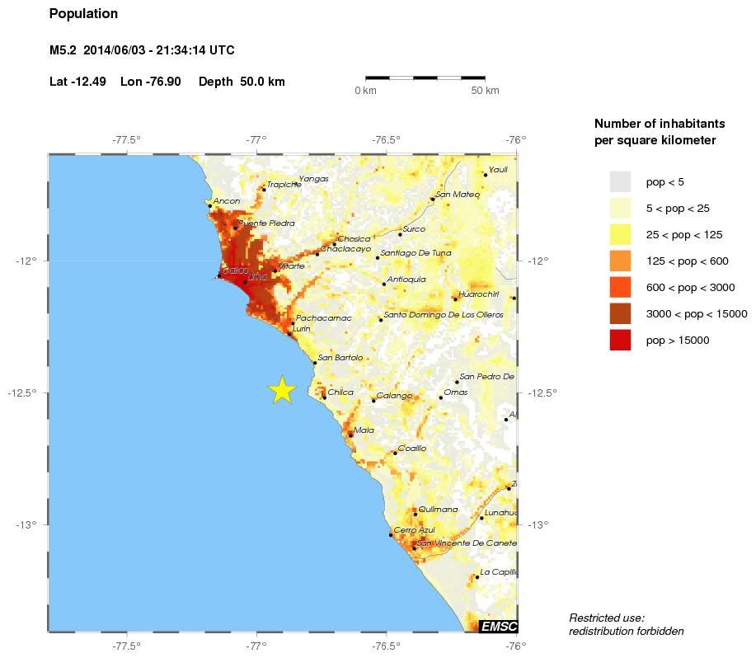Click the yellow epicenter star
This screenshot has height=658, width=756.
point(282,389)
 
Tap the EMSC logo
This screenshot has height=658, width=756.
point(498,627)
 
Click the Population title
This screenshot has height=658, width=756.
point(83,14)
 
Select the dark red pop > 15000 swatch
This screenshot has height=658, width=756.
point(620,340)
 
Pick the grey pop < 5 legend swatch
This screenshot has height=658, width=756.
point(620,181)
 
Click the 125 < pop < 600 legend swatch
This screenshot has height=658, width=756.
point(620,261)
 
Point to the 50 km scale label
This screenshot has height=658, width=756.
point(485,91)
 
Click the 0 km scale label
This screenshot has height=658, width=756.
point(365,91)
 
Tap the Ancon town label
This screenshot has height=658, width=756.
point(226,201)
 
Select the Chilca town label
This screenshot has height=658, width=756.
point(340,392)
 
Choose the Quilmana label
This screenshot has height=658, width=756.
point(437,510)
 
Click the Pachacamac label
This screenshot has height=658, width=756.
point(323,318)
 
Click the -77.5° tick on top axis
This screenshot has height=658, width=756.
point(126,139)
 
